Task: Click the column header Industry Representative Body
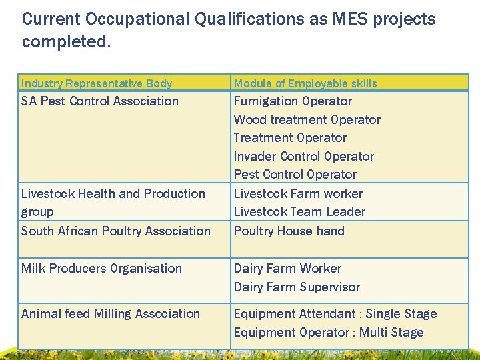(x=97, y=83)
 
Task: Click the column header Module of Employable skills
(x=305, y=83)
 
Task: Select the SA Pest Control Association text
(x=100, y=101)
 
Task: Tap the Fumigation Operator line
(x=293, y=101)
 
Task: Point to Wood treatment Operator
(x=307, y=120)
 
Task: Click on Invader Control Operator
(x=303, y=157)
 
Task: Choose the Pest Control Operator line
(x=295, y=175)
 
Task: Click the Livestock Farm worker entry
(x=298, y=194)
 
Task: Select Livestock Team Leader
(x=299, y=212)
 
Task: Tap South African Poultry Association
(x=116, y=231)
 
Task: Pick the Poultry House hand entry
(x=289, y=231)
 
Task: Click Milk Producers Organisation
(x=101, y=269)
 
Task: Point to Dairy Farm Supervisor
(x=297, y=287)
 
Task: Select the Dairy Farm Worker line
(x=287, y=269)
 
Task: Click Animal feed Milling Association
(x=111, y=314)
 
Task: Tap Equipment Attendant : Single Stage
(x=335, y=314)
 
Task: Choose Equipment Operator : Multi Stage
(x=329, y=333)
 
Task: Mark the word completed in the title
(x=64, y=41)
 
